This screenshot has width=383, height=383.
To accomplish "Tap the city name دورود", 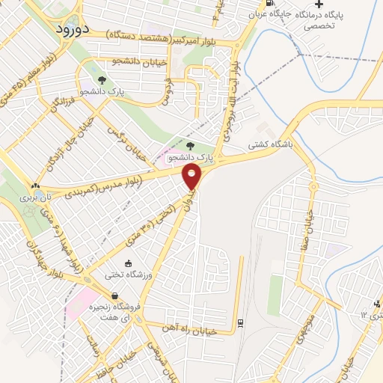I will pos(73,29).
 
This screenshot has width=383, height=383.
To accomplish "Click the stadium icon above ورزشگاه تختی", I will pos(128,263).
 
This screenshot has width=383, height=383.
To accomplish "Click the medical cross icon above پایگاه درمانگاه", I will pos(319,4).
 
